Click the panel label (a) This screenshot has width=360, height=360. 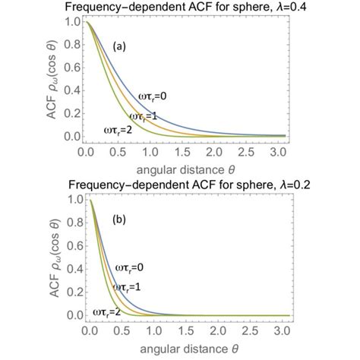119,46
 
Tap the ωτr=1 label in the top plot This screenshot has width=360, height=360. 144,116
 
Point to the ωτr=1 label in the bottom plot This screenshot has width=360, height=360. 128,289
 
